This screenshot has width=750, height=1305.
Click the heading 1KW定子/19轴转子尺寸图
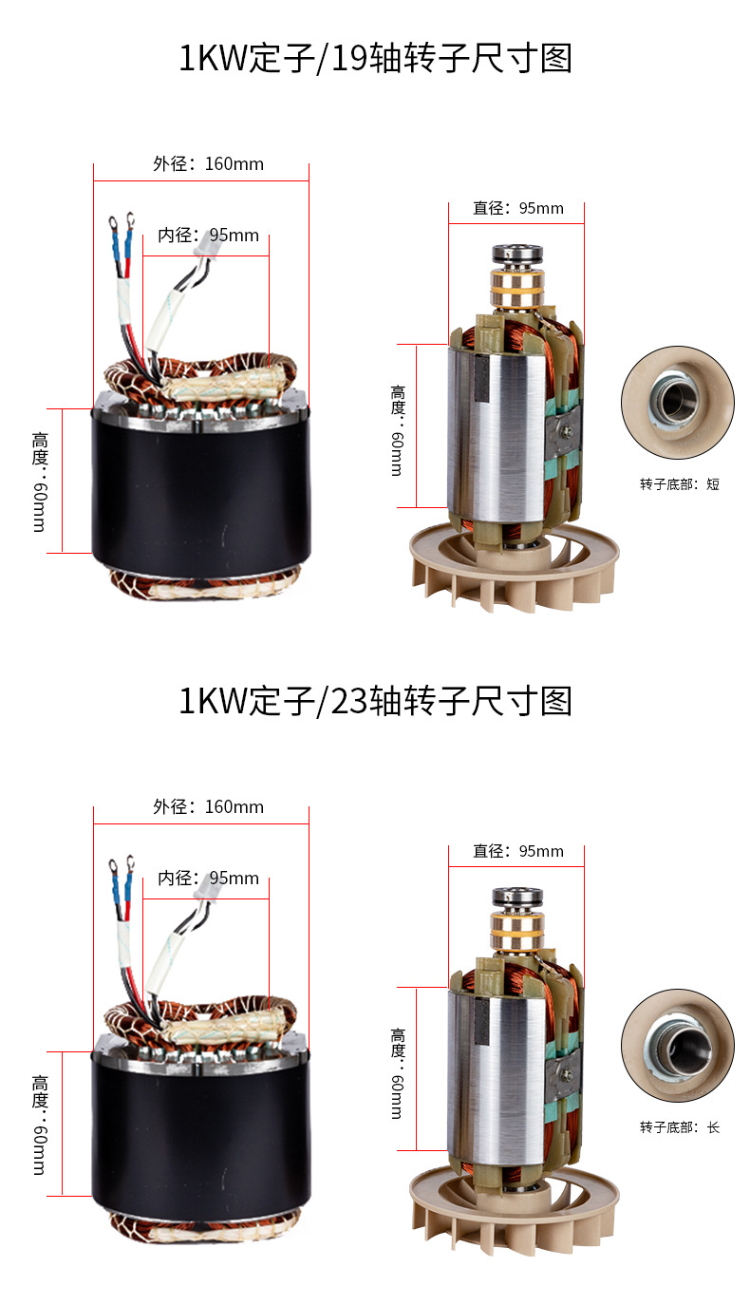[375, 58]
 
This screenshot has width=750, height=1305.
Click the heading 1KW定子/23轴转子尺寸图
[375, 701]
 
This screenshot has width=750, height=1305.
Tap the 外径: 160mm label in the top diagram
[209, 163]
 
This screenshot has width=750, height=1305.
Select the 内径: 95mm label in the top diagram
[209, 236]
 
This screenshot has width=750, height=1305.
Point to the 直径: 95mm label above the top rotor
[518, 208]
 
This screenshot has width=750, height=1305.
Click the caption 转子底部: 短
[680, 484]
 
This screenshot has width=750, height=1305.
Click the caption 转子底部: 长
[680, 1127]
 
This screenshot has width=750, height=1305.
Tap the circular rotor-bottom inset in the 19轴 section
[678, 403]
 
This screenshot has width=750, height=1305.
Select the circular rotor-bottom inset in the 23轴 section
[678, 1045]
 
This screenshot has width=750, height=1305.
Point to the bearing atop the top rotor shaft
[517, 255]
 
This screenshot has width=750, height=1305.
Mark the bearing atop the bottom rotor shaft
[517, 898]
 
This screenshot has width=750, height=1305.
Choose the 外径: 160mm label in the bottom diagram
[209, 807]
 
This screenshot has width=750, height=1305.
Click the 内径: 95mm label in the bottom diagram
[209, 878]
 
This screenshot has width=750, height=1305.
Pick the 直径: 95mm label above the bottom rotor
[518, 851]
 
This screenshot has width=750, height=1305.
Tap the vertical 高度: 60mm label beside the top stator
[40, 482]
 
